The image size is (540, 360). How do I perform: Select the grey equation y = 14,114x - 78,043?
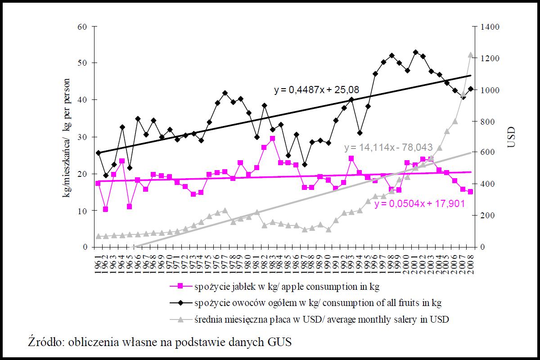(x=388, y=148)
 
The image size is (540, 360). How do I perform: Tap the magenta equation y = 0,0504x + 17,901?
(x=419, y=203)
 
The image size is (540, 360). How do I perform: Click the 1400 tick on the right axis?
(x=489, y=27)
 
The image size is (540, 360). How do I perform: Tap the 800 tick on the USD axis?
(x=486, y=121)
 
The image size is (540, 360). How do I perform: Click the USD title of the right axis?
(x=511, y=137)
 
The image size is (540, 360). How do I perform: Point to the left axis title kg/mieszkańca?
(x=67, y=137)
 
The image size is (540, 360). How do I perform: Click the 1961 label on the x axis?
(x=98, y=262)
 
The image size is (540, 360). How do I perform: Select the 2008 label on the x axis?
(x=471, y=262)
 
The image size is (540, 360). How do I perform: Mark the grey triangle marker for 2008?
(x=471, y=54)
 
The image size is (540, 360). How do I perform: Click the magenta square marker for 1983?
(x=272, y=139)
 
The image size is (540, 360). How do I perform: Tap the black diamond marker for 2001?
(x=415, y=52)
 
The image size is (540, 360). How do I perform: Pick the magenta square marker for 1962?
(x=105, y=209)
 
